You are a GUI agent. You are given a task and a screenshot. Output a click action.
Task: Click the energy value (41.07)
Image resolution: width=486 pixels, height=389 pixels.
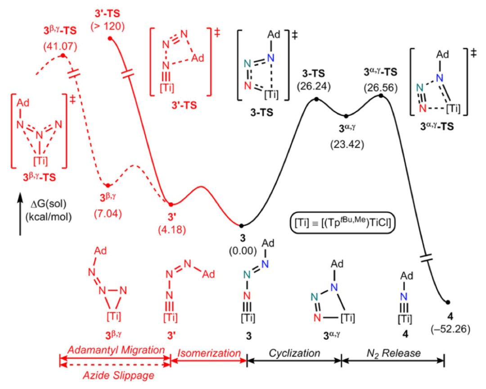pos(60,46)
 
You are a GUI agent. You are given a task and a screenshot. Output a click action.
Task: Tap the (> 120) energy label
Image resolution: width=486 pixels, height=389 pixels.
pos(108,27)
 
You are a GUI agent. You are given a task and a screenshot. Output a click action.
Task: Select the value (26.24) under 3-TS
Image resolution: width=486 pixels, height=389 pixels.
pos(314,86)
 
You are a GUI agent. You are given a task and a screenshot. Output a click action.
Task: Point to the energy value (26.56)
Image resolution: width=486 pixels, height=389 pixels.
pos(381,88)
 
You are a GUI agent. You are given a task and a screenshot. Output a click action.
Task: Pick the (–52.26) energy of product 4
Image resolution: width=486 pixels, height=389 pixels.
pos(450,329)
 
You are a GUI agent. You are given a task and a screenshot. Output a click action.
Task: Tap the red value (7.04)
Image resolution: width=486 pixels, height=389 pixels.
pos(108,213)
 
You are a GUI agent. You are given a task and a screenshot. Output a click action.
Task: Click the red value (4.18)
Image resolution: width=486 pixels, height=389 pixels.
pos(172,230)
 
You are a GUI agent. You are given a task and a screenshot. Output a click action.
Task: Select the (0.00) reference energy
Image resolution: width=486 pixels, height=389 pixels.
pos(243,251)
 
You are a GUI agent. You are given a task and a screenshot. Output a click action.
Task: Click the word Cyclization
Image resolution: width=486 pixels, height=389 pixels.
pos(294,353)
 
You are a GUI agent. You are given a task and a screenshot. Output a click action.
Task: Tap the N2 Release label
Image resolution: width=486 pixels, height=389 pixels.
pos(394,353)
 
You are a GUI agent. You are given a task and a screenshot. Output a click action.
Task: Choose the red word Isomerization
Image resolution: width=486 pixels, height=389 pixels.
pos(209,353)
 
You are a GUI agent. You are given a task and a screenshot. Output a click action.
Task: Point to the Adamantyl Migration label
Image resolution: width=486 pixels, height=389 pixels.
pos(116,350)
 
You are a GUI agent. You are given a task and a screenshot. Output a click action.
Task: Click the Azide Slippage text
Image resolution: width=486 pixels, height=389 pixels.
pos(118,375)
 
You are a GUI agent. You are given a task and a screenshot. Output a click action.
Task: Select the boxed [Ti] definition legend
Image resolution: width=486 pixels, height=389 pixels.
pos(343,222)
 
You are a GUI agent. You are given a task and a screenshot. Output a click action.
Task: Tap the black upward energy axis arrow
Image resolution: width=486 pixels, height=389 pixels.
pos(20,214)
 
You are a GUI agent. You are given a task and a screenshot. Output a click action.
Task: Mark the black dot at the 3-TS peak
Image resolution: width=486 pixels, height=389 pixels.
pos(316,99)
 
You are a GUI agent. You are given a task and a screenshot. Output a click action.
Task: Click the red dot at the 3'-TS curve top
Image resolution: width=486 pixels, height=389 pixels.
pos(110,38)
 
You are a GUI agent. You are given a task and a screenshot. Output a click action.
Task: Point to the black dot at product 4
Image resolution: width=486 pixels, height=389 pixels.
pos(448,302)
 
